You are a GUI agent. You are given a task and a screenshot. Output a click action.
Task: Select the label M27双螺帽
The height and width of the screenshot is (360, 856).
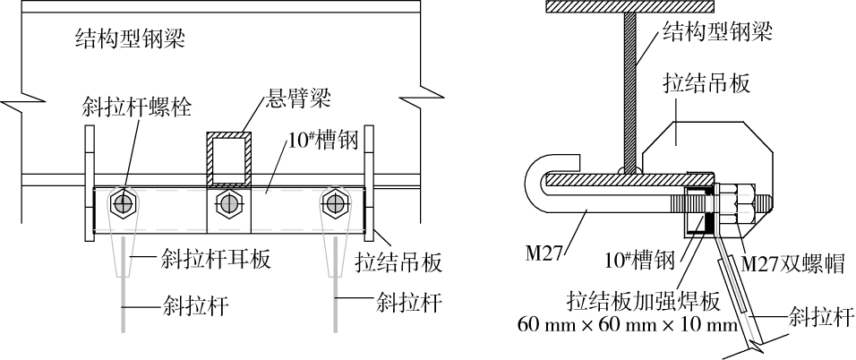tap(792, 266)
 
